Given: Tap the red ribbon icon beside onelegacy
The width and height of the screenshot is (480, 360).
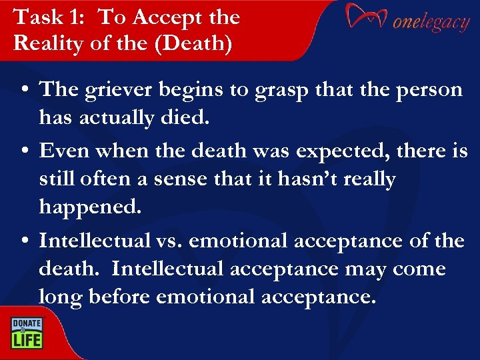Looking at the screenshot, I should click(x=365, y=18).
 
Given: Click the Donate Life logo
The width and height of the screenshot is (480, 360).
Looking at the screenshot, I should click(x=26, y=332).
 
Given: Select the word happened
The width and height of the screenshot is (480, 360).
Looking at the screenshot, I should click(x=91, y=207).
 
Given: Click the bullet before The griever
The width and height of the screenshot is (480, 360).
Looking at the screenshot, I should click(x=24, y=90).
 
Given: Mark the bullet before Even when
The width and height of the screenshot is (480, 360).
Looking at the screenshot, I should click(x=24, y=151).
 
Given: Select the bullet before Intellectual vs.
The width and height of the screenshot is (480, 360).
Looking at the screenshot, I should click(x=24, y=241).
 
